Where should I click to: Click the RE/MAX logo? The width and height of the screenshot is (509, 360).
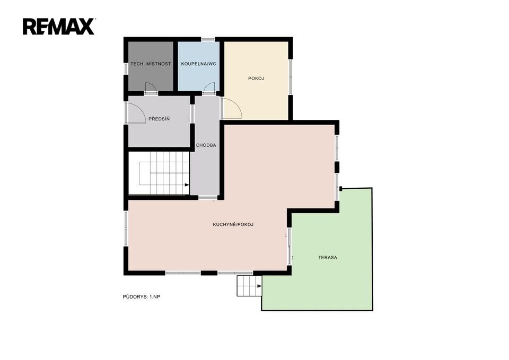(59, 27)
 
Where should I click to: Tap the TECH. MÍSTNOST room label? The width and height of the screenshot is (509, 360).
(151, 64)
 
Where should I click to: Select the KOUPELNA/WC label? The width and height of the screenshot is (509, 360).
(199, 64)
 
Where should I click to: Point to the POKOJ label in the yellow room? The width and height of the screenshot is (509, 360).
(256, 78)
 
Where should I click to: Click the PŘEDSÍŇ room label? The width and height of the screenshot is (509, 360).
(159, 119)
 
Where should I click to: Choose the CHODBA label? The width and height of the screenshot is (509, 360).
(206, 145)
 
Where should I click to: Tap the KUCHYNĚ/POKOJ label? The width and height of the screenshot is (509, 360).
(233, 224)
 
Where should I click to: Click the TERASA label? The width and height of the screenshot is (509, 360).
(328, 258)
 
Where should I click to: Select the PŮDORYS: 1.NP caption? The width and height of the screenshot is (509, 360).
(142, 297)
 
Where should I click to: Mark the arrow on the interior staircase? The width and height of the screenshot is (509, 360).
(187, 185)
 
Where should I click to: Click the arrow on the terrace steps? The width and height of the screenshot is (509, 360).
(259, 286)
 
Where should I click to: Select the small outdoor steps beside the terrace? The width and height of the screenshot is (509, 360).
(249, 286)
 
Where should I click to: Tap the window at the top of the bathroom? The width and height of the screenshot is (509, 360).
(208, 40)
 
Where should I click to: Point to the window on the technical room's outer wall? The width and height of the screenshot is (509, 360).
(126, 68)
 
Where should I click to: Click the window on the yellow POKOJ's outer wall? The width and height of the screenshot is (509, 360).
(291, 77)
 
